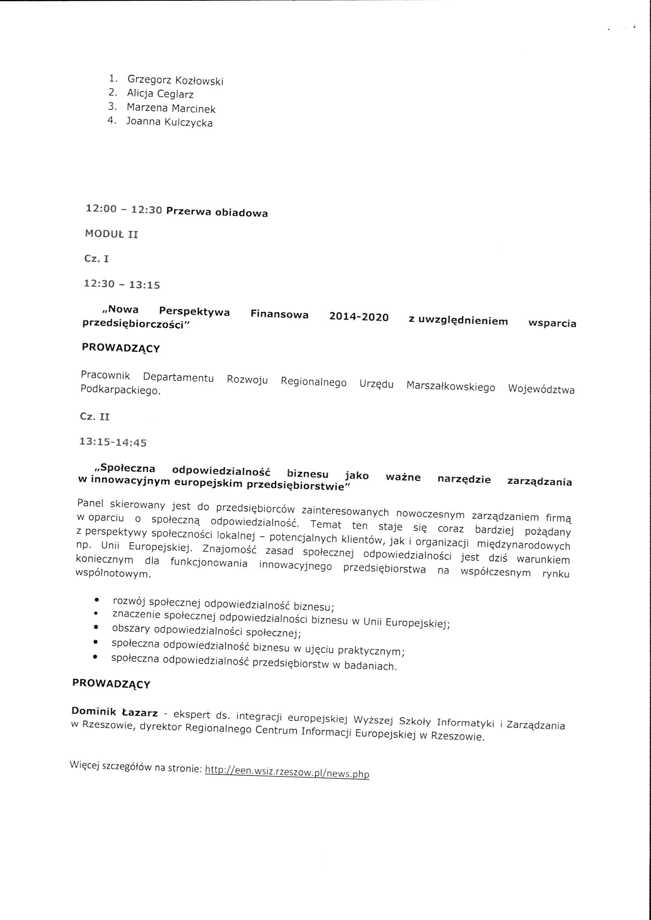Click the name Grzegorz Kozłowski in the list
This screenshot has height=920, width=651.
tap(175, 80)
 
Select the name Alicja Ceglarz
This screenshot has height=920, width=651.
tap(160, 94)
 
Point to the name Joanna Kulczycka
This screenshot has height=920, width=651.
tap(170, 122)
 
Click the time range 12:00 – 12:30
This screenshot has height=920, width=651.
tap(124, 209)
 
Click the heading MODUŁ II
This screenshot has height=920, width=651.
tap(111, 234)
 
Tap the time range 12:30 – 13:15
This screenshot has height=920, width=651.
tap(122, 284)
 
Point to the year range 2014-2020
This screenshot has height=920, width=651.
tap(359, 317)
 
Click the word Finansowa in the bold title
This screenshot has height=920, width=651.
tap(279, 314)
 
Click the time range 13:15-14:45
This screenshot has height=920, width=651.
tap(113, 442)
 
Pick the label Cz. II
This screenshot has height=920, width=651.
tap(94, 417)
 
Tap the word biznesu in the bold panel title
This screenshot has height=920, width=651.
tap(308, 474)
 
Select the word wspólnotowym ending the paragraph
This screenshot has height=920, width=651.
tap(113, 574)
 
